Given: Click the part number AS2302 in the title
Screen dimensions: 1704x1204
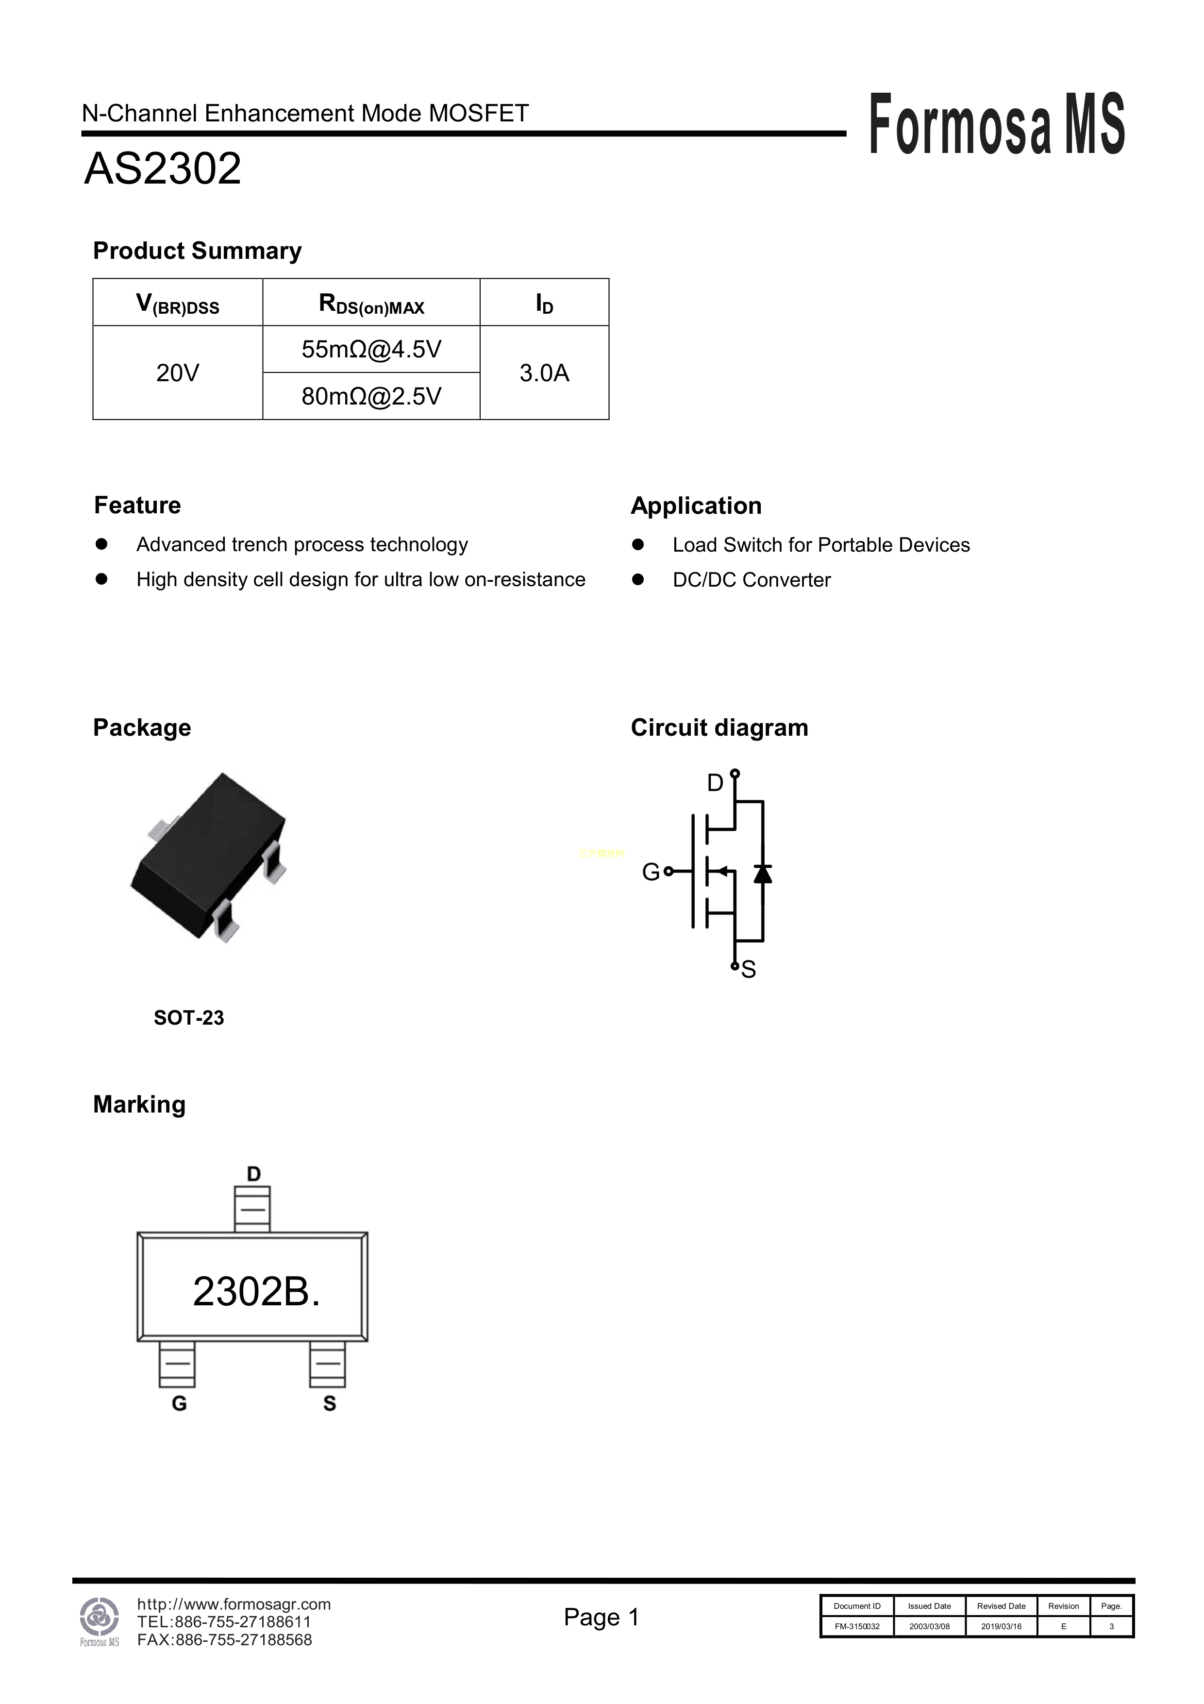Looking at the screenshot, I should pyautogui.click(x=163, y=169).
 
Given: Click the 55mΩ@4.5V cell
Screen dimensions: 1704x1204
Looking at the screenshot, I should pyautogui.click(x=371, y=349).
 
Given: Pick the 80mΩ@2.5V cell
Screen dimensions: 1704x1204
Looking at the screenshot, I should pyautogui.click(x=371, y=396).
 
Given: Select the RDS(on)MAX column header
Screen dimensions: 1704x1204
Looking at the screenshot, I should pyautogui.click(x=371, y=304).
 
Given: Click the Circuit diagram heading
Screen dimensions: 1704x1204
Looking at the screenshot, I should pyautogui.click(x=719, y=727).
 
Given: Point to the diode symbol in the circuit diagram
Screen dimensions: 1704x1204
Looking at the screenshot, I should pyautogui.click(x=762, y=874).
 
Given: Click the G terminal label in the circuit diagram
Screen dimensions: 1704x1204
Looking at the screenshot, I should pyautogui.click(x=651, y=872).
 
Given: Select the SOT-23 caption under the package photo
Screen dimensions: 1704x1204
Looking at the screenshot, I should pyautogui.click(x=188, y=1017).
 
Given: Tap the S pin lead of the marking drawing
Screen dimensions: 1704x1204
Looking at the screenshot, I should pyautogui.click(x=327, y=1364).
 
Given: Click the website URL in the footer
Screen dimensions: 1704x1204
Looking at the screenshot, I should pyautogui.click(x=234, y=1604).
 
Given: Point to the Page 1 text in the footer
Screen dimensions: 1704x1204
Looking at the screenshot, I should pyautogui.click(x=601, y=1617).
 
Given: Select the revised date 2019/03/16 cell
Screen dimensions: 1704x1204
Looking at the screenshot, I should pyautogui.click(x=1001, y=1626).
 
